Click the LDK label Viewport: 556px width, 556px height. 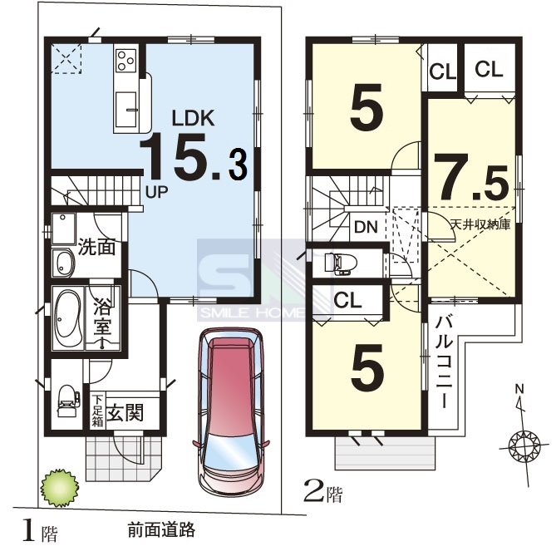194,119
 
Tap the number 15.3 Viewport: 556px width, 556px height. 194,156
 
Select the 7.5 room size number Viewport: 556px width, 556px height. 471,177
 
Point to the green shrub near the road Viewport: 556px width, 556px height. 60,489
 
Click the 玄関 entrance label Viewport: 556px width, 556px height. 125,413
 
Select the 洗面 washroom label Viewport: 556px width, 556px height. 96,247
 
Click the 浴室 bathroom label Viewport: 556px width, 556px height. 102,318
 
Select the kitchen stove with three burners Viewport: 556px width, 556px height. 126,60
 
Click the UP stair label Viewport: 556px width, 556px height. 157,192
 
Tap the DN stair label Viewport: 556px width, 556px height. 366,227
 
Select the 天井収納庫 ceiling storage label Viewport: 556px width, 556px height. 480,224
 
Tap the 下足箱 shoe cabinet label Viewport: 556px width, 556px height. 97,411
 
